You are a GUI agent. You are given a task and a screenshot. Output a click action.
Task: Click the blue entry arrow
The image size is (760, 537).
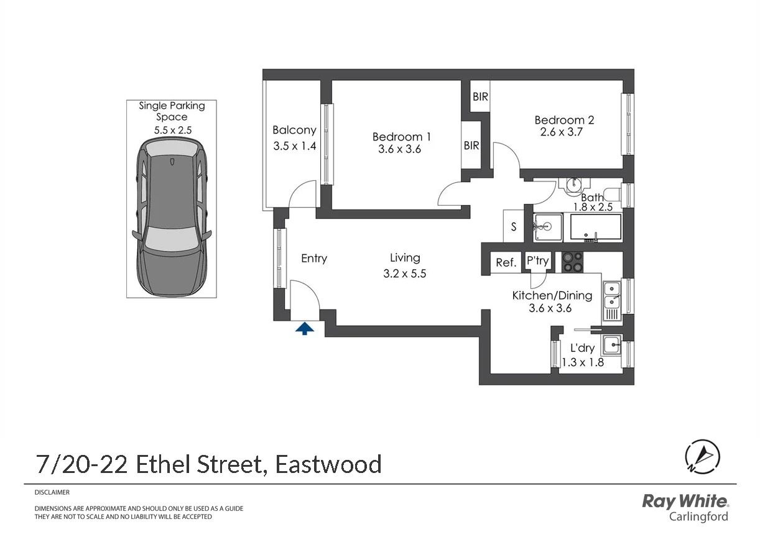304,329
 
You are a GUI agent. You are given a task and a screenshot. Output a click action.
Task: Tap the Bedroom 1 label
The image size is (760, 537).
401,137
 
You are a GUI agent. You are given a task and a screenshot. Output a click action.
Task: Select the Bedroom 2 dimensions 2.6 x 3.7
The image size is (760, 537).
561,132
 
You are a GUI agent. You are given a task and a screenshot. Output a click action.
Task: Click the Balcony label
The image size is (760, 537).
294,130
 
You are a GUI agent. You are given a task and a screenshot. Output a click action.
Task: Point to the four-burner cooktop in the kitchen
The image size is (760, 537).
573,262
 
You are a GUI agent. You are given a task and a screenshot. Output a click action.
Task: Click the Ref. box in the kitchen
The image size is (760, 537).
506,262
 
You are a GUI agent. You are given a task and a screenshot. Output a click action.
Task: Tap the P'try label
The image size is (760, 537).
537,260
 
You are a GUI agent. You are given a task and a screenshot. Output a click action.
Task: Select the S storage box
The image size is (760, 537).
514,226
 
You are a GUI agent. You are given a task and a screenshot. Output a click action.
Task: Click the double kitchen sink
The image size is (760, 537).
612,301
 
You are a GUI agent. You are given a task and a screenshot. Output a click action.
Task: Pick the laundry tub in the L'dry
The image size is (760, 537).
612,345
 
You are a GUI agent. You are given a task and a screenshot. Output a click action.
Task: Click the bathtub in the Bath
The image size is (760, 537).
596,227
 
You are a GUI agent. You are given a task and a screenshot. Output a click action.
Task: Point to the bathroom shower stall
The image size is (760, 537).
547,227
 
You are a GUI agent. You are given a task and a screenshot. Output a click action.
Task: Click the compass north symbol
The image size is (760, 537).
702,456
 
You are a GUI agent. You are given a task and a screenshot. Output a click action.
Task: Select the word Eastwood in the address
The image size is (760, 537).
328,464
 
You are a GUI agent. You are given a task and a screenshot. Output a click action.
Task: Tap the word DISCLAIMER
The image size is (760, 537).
52,492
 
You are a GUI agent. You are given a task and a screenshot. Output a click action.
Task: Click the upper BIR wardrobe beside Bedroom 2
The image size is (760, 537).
480,96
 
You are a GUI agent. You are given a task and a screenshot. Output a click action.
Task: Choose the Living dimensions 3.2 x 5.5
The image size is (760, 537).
404,273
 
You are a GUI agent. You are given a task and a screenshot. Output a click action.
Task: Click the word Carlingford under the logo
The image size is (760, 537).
698,516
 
